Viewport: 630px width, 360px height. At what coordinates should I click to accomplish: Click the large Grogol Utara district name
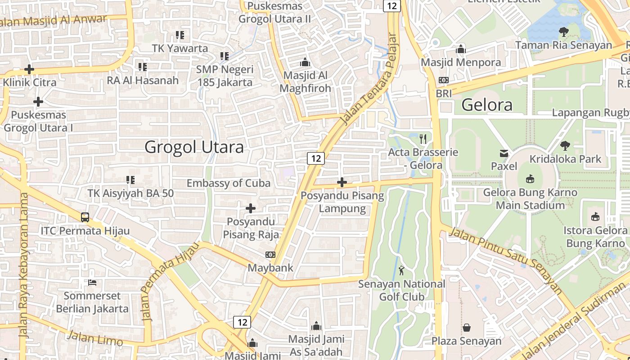194,147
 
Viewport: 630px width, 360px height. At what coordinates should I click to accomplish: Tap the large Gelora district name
487,105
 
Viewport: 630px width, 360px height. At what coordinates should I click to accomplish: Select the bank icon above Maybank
270,255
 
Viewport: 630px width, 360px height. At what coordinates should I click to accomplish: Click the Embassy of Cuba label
229,183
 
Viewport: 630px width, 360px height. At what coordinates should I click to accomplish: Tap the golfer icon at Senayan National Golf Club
401,270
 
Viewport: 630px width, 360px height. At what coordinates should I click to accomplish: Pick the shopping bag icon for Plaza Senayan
467,327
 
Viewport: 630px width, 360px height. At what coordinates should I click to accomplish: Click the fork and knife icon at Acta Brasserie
423,139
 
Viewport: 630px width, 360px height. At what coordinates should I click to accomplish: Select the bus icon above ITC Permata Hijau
85,217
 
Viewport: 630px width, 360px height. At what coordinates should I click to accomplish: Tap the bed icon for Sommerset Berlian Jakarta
92,283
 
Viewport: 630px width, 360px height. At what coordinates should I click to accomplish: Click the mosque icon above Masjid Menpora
461,49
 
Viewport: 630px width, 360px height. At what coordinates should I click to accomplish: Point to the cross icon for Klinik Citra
29,69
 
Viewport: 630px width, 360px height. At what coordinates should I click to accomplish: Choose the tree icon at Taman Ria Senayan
563,32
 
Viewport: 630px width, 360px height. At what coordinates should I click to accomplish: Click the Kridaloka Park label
565,159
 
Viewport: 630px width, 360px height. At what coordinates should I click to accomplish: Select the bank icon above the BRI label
444,80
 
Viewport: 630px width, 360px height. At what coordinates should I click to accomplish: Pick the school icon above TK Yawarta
180,35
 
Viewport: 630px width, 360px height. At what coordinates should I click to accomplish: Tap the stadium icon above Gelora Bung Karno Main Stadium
530,179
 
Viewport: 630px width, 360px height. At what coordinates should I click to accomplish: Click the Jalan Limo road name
94,337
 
